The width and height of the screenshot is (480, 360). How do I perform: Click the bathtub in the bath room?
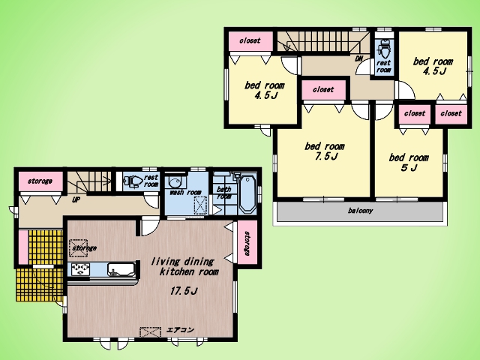pos(247,194)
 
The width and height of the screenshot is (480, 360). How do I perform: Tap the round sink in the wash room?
pos(175,183)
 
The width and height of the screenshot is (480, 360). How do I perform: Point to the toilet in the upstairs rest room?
pos(382,49)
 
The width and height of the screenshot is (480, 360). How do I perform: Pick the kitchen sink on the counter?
pos(121,270)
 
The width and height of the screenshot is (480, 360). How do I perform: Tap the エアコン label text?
pos(180,330)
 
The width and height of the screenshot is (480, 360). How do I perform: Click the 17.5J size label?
pos(183,291)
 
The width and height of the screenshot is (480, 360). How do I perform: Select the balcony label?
pos(360,211)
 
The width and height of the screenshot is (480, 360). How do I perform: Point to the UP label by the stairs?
pos(76,200)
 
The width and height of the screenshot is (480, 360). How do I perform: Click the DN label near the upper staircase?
pos(358,58)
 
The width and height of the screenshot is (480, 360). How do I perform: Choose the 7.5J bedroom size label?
pos(326,157)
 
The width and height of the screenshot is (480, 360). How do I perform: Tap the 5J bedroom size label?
pos(409,168)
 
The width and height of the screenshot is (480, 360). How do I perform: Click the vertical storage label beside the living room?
pos(247,243)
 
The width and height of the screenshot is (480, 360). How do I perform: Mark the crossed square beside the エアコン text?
pos(150,332)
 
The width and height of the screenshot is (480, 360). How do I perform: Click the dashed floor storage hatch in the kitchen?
pos(79,247)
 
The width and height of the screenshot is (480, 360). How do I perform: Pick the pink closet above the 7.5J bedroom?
pos(324,90)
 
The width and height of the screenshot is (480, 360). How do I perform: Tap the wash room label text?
pos(185,192)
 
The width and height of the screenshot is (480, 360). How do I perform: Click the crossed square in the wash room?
pos(200,205)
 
